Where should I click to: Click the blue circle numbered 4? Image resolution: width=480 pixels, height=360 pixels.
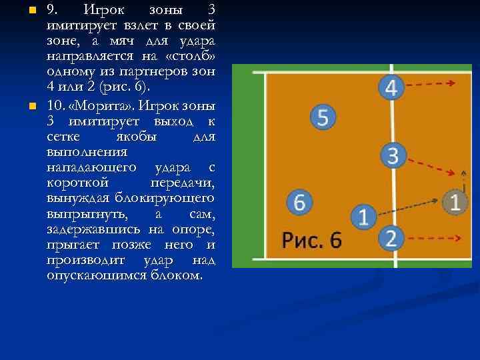click(x=391, y=87)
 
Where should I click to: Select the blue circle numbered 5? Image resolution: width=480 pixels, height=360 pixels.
click(x=323, y=117)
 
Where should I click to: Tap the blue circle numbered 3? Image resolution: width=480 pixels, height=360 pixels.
click(x=393, y=155)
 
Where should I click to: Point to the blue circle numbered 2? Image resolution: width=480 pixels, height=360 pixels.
click(x=391, y=237)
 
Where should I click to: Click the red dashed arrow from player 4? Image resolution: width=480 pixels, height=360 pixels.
click(x=430, y=84)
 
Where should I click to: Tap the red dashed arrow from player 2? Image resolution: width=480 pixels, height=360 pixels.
click(x=431, y=237)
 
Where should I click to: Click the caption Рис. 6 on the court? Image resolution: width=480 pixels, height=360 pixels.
click(x=311, y=240)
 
